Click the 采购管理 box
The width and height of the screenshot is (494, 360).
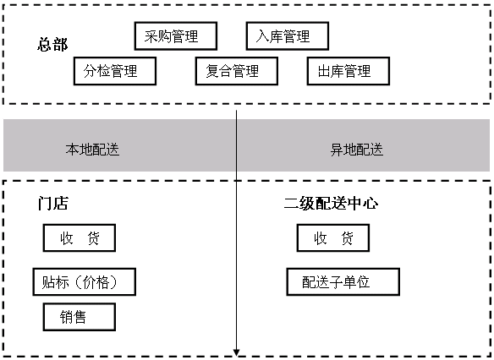click(x=176, y=35)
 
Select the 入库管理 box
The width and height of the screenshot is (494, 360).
click(x=288, y=35)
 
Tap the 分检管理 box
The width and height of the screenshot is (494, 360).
click(x=115, y=71)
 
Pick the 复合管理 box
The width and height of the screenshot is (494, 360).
click(x=237, y=71)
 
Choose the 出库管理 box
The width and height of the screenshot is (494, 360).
click(x=349, y=71)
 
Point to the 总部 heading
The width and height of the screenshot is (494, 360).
click(x=52, y=44)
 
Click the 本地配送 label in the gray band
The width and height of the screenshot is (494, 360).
click(x=92, y=150)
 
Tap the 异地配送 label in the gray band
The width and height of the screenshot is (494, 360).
click(x=357, y=150)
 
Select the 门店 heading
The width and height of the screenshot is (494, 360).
click(x=52, y=203)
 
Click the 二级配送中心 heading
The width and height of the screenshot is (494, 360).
click(x=331, y=203)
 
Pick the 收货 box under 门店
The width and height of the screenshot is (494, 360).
click(x=80, y=238)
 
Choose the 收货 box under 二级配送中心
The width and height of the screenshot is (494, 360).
click(x=333, y=238)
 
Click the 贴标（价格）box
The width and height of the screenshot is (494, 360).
click(x=85, y=281)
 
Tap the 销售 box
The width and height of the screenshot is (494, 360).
click(x=80, y=317)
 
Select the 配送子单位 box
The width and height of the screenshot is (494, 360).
click(x=343, y=281)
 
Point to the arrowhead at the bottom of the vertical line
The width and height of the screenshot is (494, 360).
click(x=237, y=352)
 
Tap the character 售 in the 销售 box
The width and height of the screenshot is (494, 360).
click(x=80, y=317)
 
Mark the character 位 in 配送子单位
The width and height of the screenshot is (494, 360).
click(x=363, y=282)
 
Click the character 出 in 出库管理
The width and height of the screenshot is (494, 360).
click(x=324, y=71)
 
